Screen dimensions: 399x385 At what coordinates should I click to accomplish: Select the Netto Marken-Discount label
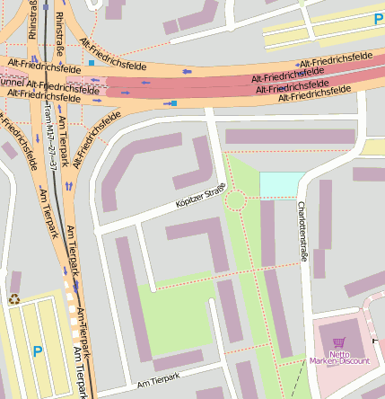point(339,357)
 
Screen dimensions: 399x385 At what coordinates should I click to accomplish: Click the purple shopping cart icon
point(338,342)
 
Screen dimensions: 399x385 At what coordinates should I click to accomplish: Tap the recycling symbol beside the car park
point(14,300)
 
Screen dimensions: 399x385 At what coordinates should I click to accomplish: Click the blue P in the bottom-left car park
point(37,352)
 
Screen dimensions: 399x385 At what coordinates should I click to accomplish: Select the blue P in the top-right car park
point(378,18)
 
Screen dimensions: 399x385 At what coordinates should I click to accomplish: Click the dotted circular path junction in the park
point(236,199)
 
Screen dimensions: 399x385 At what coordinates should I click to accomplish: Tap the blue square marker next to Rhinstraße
point(92,63)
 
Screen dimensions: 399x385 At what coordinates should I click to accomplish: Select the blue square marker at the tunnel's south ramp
point(174,103)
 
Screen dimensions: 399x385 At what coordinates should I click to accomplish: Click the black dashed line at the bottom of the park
point(293,381)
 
